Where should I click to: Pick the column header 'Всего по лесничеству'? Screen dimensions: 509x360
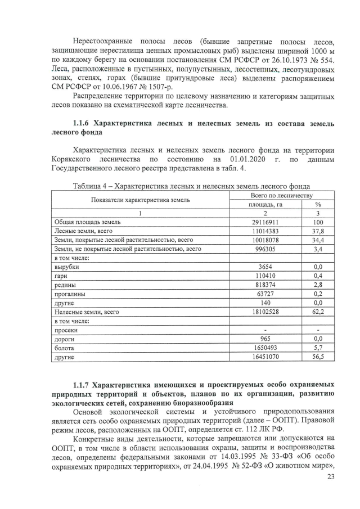(281, 195)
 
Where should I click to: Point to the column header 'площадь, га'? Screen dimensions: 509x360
(265, 204)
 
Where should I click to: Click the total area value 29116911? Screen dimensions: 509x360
(265, 222)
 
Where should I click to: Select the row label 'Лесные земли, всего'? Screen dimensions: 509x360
(83, 231)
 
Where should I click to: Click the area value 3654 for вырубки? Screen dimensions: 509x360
(265, 267)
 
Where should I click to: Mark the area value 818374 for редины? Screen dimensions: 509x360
(265, 285)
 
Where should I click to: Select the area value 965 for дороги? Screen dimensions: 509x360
(265, 339)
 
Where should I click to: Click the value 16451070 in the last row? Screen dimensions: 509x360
(265, 357)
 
